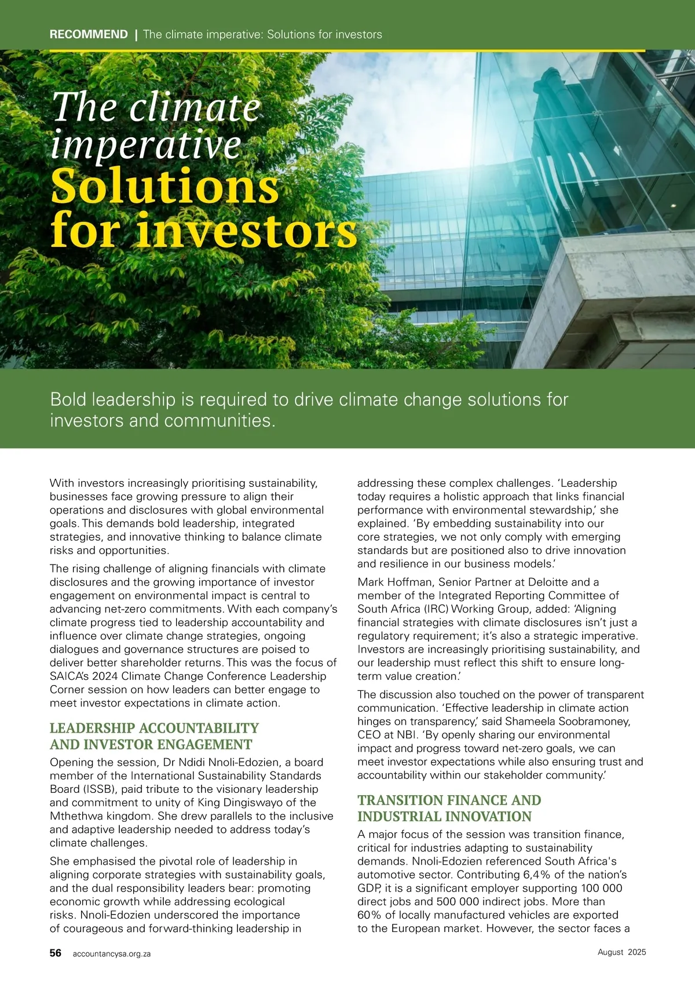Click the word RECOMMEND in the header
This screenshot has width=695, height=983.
pos(89,34)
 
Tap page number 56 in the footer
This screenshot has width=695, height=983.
pos(56,953)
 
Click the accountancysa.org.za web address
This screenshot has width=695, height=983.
pos(111,953)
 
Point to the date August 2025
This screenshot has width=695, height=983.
pos(621,952)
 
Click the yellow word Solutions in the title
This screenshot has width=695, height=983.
pos(165,187)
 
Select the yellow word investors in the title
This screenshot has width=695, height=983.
pos(247,230)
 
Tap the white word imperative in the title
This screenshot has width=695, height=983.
pos(146,145)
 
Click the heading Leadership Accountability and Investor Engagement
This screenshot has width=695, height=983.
pos(154,736)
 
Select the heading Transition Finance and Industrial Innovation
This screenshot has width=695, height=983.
pos(449,808)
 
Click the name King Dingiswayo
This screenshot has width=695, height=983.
pos(257,802)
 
